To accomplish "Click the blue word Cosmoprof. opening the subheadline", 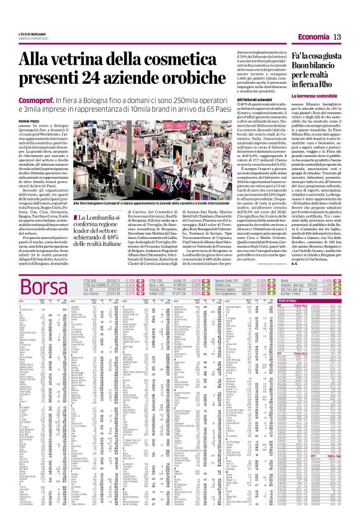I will tap(40, 99).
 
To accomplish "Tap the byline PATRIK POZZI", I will tap(30, 121).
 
